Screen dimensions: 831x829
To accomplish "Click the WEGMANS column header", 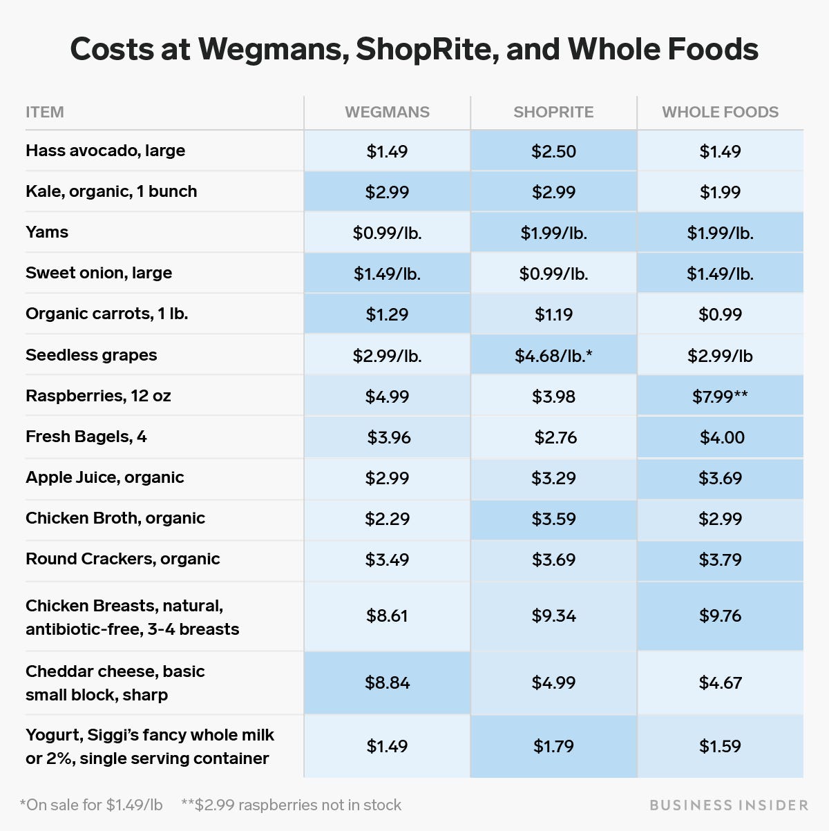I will tap(387, 113).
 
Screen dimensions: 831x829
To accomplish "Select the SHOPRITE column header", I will tap(553, 113).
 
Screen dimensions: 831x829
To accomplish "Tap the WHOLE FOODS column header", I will tap(720, 113).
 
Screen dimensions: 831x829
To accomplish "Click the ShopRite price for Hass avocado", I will tap(553, 151).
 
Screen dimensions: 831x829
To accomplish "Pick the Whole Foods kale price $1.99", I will tap(720, 192).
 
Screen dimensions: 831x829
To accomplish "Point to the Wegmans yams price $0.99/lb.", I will tap(387, 233).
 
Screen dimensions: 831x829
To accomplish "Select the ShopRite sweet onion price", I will tap(553, 274).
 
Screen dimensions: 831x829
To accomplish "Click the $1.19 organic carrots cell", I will tap(553, 314).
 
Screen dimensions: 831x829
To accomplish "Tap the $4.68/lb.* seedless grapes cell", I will tap(553, 356).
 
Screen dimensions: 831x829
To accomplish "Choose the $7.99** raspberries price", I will tap(720, 397).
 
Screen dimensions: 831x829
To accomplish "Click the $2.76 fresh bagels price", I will tap(555, 437).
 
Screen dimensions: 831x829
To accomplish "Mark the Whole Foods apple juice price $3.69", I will tap(720, 478).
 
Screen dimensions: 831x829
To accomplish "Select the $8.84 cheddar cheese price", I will tap(387, 682).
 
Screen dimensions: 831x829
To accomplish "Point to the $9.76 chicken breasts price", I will tap(720, 615).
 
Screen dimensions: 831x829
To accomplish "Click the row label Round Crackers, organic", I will tap(122, 559).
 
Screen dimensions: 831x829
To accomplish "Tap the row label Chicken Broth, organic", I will tap(115, 518).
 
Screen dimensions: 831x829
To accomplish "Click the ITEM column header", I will tap(45, 113).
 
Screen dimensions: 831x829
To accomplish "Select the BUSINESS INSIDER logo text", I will tap(729, 805).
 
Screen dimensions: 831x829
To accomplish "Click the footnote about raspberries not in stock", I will tap(291, 805).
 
